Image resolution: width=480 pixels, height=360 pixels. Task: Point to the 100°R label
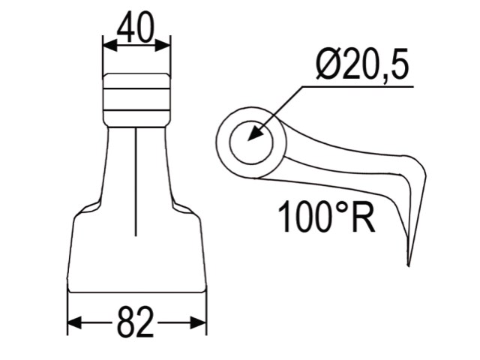point(326,217)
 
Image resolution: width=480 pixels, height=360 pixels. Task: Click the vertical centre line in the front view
point(136,180)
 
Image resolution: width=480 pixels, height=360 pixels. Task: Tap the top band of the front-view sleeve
point(136,81)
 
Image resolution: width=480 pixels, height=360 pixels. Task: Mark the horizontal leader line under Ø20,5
point(360,87)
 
